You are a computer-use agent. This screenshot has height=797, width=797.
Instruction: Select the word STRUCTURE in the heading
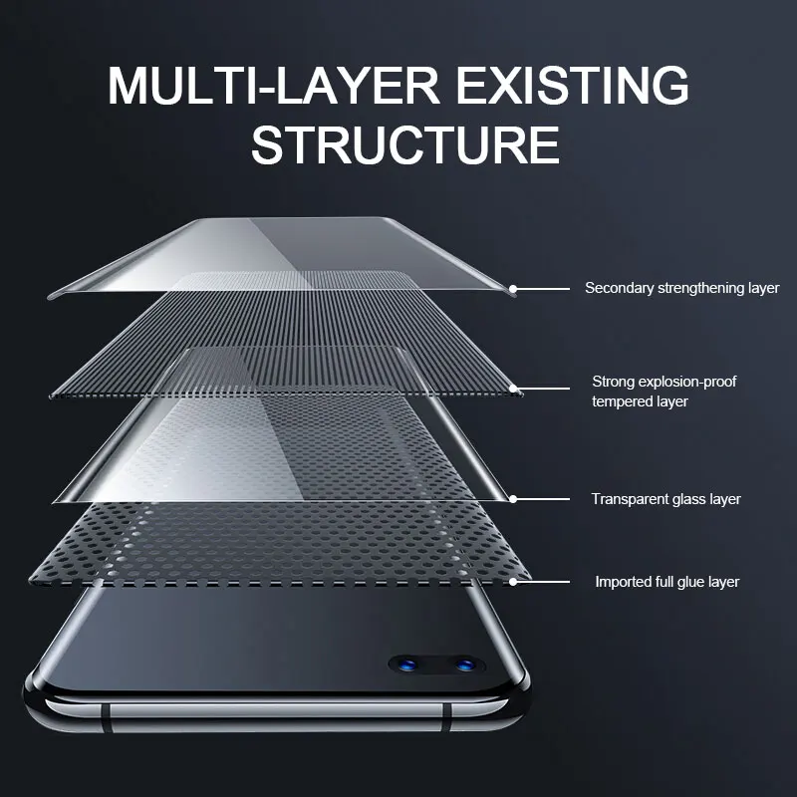(404, 144)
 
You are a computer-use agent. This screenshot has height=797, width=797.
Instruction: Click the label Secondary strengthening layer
(681, 288)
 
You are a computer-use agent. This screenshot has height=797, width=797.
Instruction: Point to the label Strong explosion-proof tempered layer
(664, 392)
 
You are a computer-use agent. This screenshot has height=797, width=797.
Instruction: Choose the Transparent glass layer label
(665, 499)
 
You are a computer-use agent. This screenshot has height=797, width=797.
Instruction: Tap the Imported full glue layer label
(667, 581)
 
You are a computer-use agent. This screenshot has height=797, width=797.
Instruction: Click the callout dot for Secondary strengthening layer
(514, 289)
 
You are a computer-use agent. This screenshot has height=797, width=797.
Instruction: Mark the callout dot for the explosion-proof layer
(514, 388)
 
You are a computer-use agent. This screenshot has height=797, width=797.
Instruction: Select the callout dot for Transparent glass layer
(514, 498)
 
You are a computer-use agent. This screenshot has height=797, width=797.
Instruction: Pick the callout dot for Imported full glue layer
(514, 581)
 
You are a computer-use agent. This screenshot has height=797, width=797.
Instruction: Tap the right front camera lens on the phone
(462, 663)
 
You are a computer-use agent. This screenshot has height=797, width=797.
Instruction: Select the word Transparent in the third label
(629, 499)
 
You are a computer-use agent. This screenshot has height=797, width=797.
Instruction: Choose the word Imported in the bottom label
(624, 581)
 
